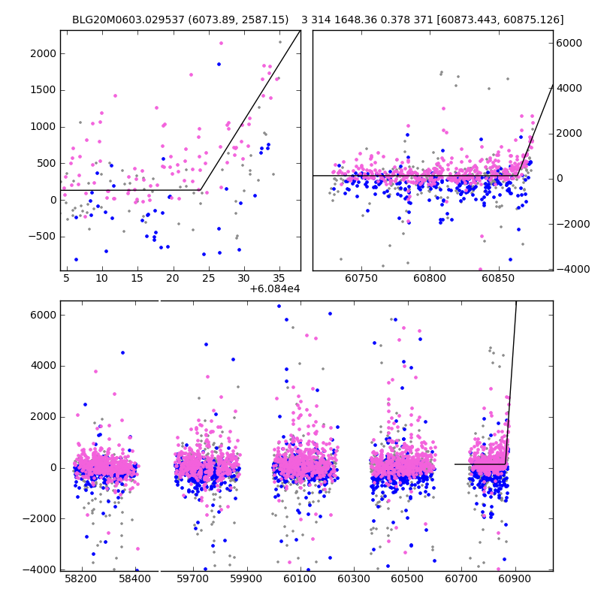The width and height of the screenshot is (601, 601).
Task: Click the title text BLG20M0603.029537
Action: (128, 20)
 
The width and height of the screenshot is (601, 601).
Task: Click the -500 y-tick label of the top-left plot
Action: (43, 236)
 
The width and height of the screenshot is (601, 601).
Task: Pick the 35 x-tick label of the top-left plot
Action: (279, 278)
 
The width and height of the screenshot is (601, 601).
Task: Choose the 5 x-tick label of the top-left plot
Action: (66, 278)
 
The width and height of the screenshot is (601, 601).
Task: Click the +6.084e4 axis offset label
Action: (275, 288)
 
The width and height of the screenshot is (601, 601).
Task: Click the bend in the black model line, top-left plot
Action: (201, 190)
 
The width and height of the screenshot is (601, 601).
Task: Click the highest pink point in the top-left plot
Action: (221, 43)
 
